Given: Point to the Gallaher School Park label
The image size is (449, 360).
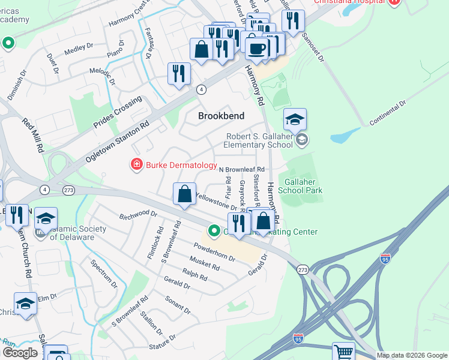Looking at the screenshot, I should tap(304, 186).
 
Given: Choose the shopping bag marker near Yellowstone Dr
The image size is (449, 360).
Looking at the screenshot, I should tap(184, 194).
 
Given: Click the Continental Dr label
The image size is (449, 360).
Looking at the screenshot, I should tap(388, 113).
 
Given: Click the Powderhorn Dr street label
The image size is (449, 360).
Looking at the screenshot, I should tap(214, 251).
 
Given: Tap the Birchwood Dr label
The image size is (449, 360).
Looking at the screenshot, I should tap(137, 214).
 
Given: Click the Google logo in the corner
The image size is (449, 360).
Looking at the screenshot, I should tap(20, 353).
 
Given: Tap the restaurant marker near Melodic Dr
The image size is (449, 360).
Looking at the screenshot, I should tap(178, 74).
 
